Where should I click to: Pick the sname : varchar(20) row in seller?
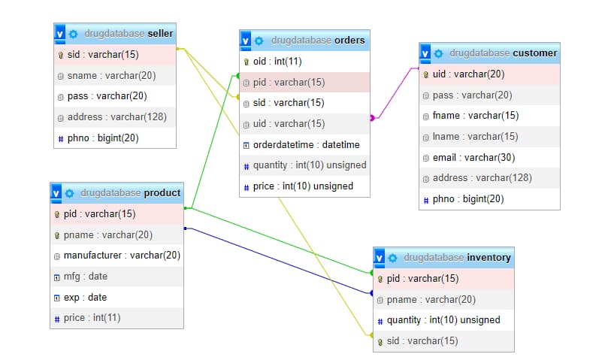(111, 75)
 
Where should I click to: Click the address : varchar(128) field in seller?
(116, 116)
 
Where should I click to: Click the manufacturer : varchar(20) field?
(122, 255)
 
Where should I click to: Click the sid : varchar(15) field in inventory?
(422, 340)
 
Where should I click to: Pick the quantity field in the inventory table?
(443, 319)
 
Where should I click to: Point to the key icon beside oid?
(247, 62)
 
